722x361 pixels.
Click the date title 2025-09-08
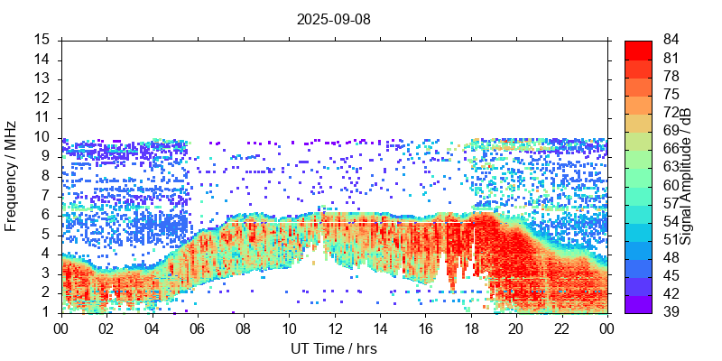[x=334, y=18]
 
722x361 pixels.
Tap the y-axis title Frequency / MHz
[x=11, y=175]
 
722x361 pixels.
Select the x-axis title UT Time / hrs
[x=334, y=348]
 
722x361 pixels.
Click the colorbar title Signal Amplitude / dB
[x=687, y=175]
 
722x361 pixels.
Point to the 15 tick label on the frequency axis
[x=42, y=40]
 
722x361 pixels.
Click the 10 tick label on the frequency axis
[x=42, y=137]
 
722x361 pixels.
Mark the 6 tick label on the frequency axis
[x=45, y=215]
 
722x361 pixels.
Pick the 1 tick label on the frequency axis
[x=45, y=312]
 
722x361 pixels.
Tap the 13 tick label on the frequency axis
[x=42, y=79]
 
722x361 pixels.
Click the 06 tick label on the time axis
[x=198, y=329]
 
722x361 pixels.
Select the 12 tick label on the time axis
[x=334, y=329]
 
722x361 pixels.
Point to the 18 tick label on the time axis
[x=469, y=329]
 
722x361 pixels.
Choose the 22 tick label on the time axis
[x=560, y=329]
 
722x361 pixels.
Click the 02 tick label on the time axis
[x=106, y=329]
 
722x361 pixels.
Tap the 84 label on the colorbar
[x=671, y=40]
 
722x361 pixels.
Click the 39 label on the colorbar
[x=671, y=311]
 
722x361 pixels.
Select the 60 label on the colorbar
[x=671, y=185]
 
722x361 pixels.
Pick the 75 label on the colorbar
[x=671, y=94]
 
